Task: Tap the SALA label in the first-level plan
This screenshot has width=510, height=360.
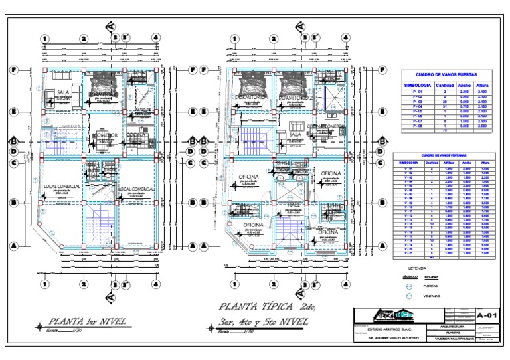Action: (x=64, y=93)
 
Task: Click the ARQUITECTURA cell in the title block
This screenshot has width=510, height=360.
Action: (x=447, y=326)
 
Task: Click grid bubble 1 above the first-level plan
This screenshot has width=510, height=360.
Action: (x=44, y=38)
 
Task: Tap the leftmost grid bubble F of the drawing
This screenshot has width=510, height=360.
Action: (x=15, y=69)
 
